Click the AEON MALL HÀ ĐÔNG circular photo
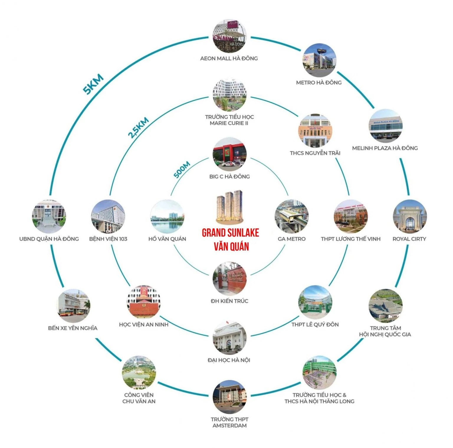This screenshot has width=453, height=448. [x=229, y=36]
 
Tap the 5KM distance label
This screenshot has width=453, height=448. [x=93, y=84]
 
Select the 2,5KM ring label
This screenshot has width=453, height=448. [x=138, y=128]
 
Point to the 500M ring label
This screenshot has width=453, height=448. [x=182, y=170]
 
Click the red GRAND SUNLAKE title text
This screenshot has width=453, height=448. [x=230, y=233]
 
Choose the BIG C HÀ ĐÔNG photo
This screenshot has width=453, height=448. [x=229, y=154]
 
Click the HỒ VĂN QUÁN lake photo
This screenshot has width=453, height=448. [x=167, y=216]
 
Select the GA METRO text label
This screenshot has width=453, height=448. [x=291, y=239]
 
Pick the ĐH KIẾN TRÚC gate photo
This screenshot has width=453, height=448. [x=229, y=279]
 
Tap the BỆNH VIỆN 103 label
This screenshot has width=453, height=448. [x=108, y=239]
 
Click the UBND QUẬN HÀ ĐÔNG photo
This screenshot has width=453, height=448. [x=49, y=216]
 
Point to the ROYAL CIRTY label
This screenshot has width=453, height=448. [x=409, y=239]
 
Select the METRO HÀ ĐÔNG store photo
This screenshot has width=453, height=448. [x=319, y=60]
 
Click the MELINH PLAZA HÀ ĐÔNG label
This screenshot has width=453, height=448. [x=385, y=148]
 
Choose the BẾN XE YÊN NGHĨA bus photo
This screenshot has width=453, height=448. [x=73, y=305]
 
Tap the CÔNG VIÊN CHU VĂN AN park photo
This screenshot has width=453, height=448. [x=139, y=372]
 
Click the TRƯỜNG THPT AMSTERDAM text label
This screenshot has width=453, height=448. [x=229, y=422]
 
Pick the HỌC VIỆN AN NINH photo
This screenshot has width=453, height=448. [x=144, y=302]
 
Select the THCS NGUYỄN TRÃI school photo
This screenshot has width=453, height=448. [x=315, y=131]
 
